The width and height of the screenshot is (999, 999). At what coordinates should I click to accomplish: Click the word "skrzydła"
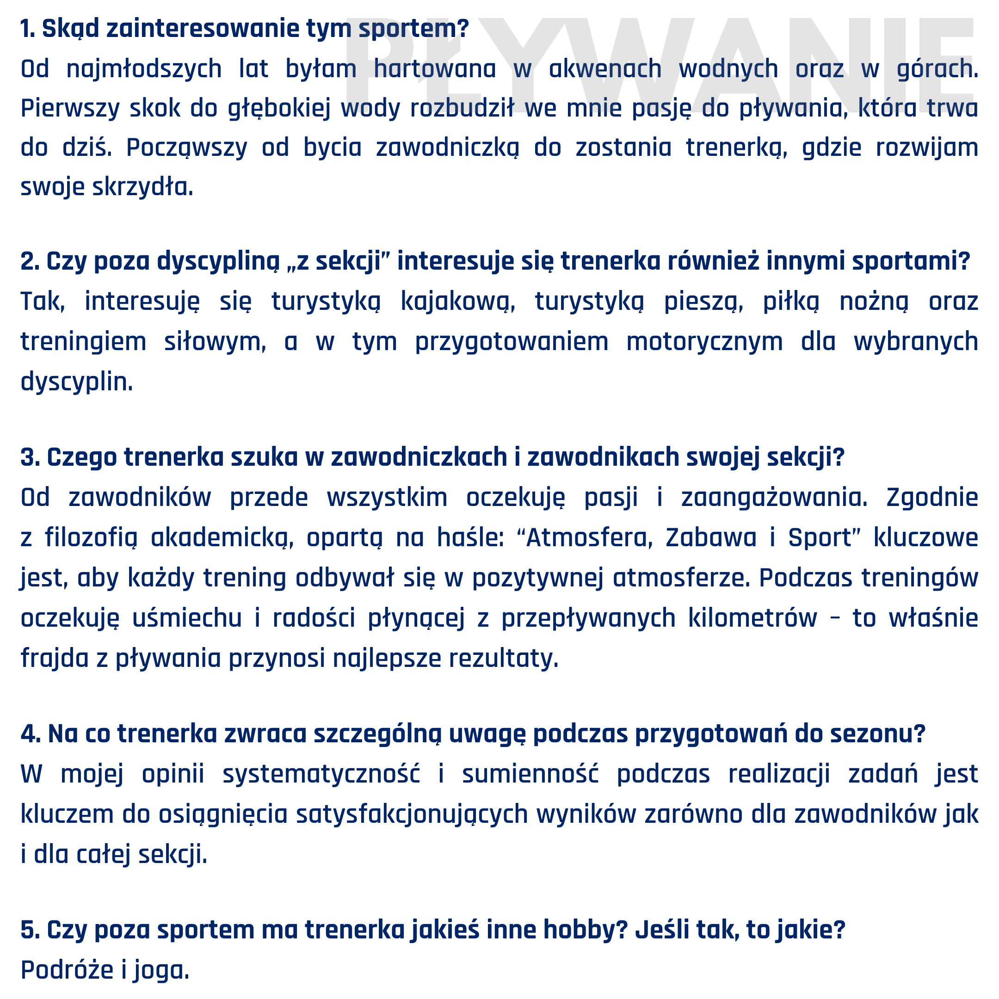pos(143,187)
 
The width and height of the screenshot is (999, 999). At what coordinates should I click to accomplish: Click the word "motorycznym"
pos(704,342)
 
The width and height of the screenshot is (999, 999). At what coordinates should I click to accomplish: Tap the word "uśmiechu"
pos(187,618)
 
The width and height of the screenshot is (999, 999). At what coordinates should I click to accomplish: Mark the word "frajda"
pos(55,659)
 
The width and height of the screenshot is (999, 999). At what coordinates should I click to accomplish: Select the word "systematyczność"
pos(321,774)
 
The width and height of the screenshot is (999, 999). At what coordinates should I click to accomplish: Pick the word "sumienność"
pos(530,774)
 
